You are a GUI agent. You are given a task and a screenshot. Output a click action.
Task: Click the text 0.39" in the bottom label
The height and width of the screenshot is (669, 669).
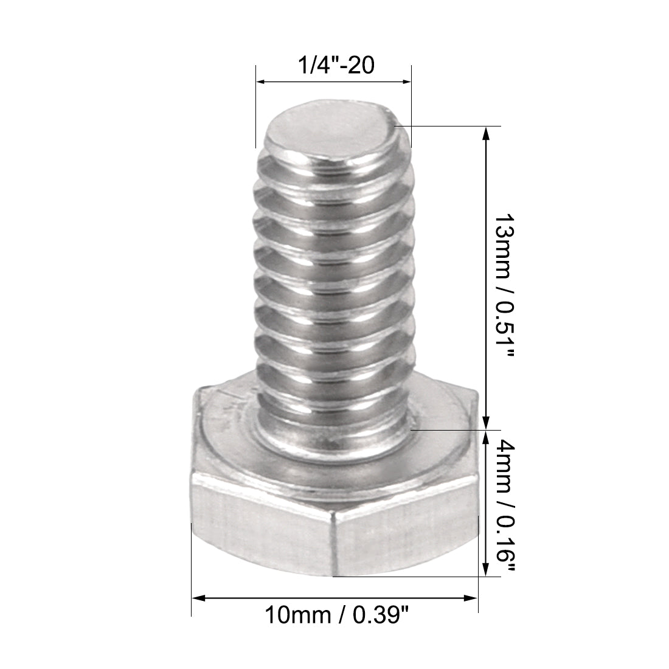(380, 617)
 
